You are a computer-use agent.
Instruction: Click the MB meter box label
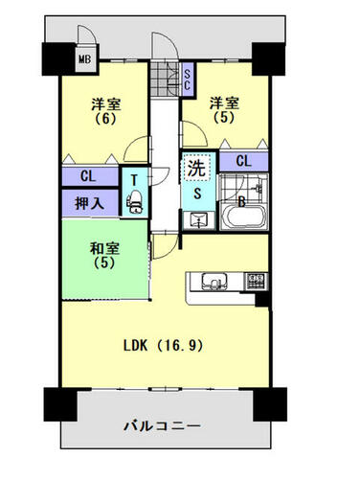pyautogui.click(x=85, y=59)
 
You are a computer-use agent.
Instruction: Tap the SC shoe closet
pyautogui.click(x=188, y=80)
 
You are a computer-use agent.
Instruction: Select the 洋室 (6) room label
pyautogui.click(x=106, y=111)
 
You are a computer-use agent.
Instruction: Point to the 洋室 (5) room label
pyautogui.click(x=224, y=110)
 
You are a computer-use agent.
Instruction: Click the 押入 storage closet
pyautogui.click(x=90, y=202)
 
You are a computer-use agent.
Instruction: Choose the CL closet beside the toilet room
pyautogui.click(x=90, y=176)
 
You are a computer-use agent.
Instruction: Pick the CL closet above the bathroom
pyautogui.click(x=244, y=162)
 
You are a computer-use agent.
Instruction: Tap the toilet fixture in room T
pyautogui.click(x=135, y=202)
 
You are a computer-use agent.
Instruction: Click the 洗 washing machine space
pyautogui.click(x=196, y=168)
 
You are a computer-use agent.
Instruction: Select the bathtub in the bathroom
pyautogui.click(x=243, y=217)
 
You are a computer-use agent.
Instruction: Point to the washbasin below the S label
pyautogui.click(x=198, y=220)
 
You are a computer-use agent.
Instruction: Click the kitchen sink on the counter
pyautogui.click(x=214, y=282)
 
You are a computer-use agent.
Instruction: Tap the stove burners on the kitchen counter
pyautogui.click(x=256, y=281)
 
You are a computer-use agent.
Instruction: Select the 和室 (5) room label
pyautogui.click(x=105, y=256)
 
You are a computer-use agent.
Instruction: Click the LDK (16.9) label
pyautogui.click(x=163, y=346)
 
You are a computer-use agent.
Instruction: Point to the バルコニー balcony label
pyautogui.click(x=163, y=426)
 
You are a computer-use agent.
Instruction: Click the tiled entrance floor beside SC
pyautogui.click(x=165, y=80)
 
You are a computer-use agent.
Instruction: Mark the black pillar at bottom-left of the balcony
pyautogui.click(x=61, y=404)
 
